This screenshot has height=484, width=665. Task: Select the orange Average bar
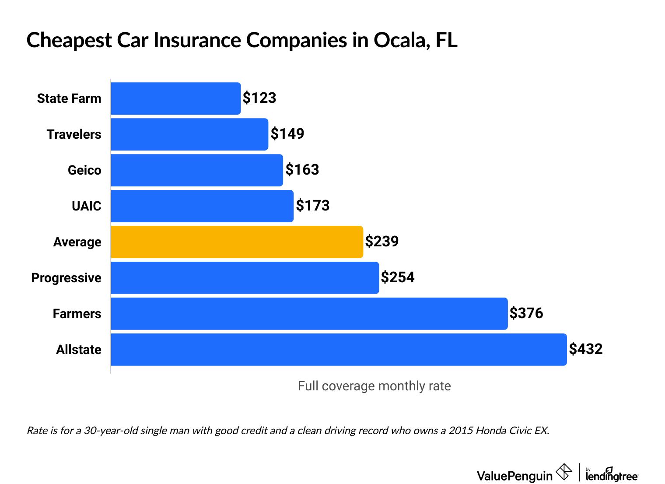[x=237, y=242]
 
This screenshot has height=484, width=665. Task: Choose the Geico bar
[x=197, y=170]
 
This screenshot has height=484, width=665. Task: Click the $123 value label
[x=259, y=98]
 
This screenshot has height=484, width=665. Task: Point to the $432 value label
[x=586, y=349]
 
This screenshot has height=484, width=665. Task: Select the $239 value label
[x=382, y=242]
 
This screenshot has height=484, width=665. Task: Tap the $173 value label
[x=313, y=206]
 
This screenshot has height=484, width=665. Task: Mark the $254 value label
[x=398, y=277]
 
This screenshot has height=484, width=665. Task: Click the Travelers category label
[x=74, y=134]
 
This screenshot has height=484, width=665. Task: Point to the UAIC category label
[x=86, y=206]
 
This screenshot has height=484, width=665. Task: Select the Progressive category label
[x=66, y=278]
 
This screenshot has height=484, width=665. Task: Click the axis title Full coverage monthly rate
[x=374, y=386]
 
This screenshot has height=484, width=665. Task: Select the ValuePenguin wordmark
[x=514, y=476]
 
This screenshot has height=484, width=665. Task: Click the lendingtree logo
[x=612, y=474]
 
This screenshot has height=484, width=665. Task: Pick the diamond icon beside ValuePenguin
[x=564, y=472]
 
